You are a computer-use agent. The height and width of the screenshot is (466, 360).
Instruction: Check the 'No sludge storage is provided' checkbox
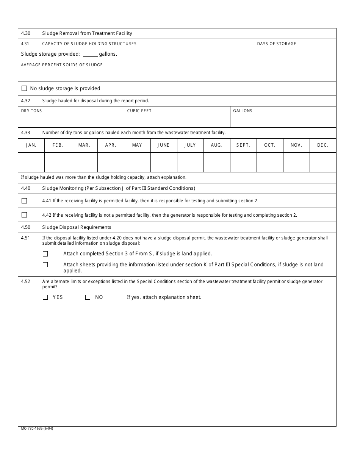point(24,88)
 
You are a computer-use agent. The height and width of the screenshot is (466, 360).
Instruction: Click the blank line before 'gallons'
point(90,54)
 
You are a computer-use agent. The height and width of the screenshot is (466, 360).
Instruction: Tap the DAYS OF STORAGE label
point(277,44)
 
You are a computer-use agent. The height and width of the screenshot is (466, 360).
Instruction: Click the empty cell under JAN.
point(31,162)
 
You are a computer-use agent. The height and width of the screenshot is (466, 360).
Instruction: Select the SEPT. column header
point(243,145)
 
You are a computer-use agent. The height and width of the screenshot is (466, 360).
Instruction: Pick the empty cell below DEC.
point(323,162)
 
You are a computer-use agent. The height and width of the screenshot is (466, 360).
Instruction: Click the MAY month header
point(137,145)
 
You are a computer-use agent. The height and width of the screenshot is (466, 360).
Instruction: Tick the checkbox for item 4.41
point(24,201)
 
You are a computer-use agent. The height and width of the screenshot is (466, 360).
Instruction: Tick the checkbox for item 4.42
point(24,215)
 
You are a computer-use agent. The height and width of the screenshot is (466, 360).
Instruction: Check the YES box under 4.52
point(45,297)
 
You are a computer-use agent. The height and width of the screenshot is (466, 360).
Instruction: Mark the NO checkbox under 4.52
point(88,297)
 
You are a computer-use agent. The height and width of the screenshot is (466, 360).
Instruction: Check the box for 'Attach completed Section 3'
point(45,254)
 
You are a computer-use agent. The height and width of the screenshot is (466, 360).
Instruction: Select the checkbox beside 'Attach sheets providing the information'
point(45,264)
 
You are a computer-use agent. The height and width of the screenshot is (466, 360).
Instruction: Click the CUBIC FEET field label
point(139,111)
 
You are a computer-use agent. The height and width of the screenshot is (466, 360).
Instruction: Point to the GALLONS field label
point(243,111)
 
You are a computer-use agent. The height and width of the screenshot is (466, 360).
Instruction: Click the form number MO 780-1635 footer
point(37,429)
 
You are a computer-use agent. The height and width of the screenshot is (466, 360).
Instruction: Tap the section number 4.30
point(26,33)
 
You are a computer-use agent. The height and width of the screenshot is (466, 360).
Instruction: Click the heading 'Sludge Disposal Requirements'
point(77,227)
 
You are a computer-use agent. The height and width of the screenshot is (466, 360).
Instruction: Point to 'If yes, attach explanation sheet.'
point(164,297)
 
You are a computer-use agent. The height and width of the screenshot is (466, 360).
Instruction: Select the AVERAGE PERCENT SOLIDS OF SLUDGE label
point(62,65)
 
